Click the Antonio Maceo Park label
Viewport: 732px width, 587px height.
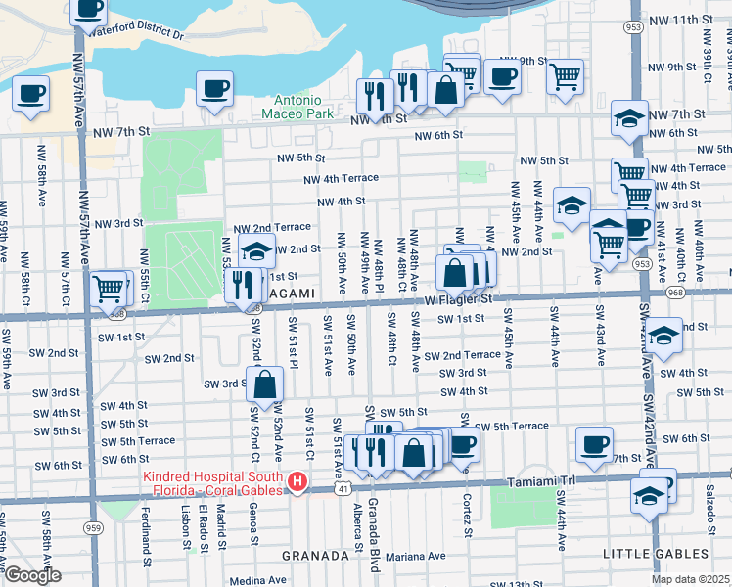point(297,107)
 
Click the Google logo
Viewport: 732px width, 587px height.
point(32,575)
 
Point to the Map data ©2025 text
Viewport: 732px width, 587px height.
point(689,579)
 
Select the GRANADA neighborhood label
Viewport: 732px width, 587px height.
point(315,555)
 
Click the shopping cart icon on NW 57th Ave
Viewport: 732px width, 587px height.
point(109,288)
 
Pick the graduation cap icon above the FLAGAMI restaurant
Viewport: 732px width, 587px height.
point(256,250)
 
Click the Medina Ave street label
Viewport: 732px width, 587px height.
point(255,578)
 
